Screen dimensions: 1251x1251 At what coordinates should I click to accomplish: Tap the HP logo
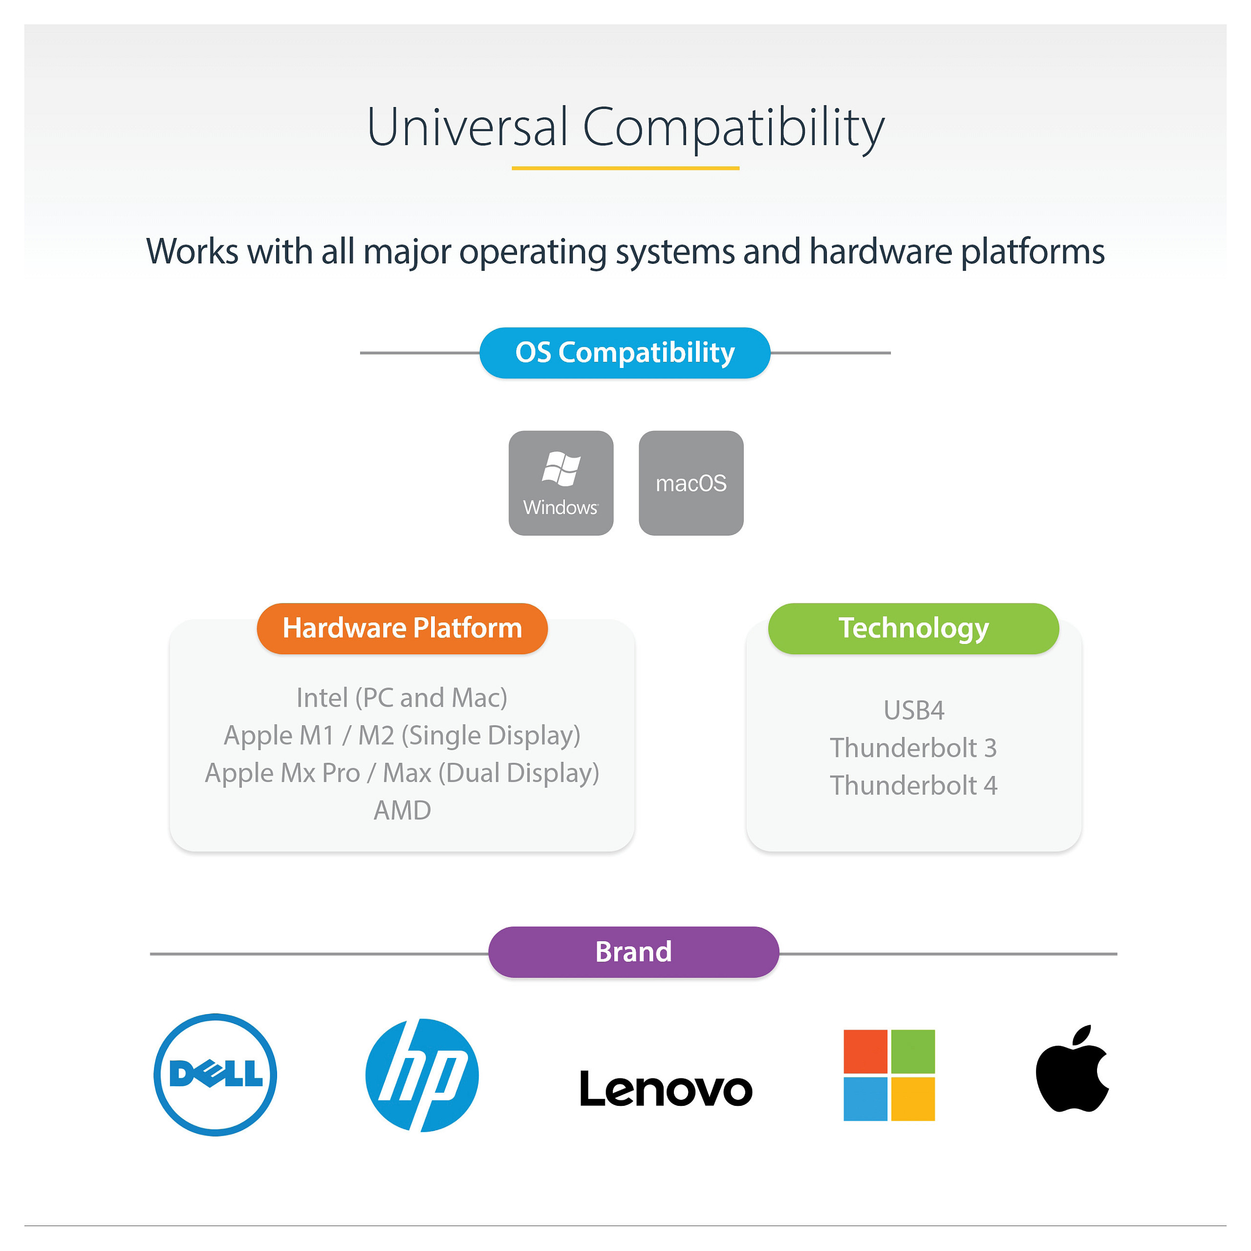tap(422, 1075)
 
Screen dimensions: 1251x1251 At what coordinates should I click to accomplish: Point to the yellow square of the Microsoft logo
tap(913, 1099)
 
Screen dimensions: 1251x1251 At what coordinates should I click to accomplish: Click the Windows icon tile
tap(561, 483)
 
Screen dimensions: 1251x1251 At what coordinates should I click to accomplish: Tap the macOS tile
tap(691, 483)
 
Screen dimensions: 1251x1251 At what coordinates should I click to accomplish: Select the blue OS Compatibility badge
tap(625, 353)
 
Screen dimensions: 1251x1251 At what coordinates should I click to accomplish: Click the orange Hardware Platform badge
tap(402, 628)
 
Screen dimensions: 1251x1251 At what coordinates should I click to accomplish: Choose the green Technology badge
tap(913, 628)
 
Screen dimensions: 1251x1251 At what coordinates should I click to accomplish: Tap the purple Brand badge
tap(633, 952)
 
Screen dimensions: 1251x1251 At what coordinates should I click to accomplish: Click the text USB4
tap(914, 711)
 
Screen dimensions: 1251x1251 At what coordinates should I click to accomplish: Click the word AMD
tap(402, 810)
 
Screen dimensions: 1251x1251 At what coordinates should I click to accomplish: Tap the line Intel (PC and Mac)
tap(402, 698)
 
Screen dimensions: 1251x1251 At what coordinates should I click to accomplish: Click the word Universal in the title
tap(468, 127)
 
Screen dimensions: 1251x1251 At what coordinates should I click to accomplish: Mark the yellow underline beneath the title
tap(625, 168)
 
